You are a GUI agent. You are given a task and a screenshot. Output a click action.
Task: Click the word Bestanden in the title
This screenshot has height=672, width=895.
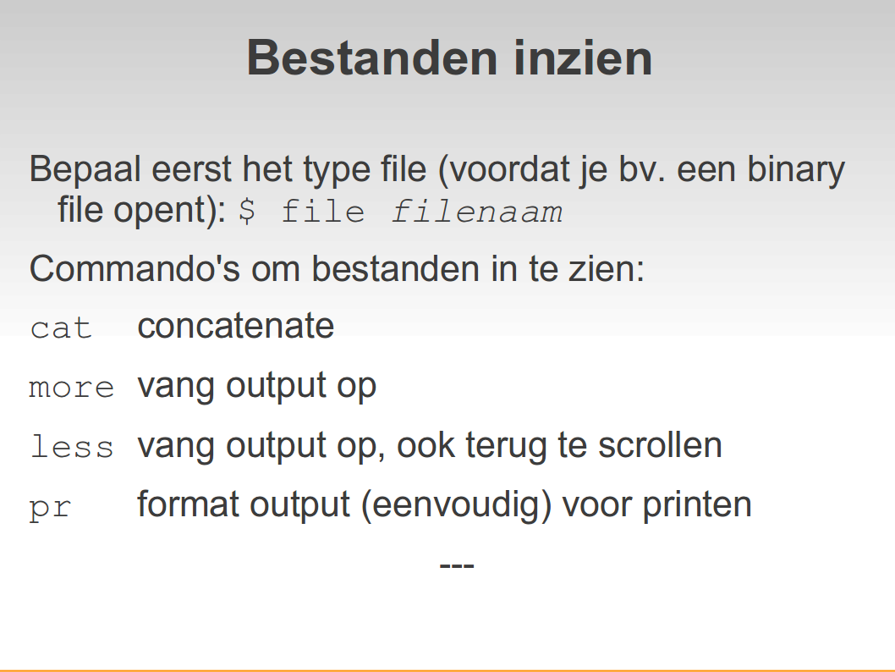click(x=372, y=58)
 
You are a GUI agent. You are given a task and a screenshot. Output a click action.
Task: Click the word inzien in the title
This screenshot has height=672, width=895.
click(x=583, y=58)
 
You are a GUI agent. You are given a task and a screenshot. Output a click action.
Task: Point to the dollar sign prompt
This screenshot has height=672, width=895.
click(x=246, y=211)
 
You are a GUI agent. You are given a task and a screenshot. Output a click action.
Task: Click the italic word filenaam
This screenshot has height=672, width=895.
click(x=477, y=212)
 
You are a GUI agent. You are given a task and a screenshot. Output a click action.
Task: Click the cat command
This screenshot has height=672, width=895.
click(x=61, y=329)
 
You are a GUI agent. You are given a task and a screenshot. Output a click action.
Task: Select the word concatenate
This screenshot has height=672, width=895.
click(x=236, y=326)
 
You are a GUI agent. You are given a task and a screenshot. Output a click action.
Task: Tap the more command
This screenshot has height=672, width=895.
click(x=72, y=388)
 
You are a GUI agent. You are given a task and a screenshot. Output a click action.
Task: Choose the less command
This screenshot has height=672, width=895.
click(x=72, y=446)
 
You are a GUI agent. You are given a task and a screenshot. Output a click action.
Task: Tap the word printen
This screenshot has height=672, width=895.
click(x=697, y=505)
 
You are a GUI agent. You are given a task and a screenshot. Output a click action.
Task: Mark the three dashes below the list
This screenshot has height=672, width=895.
click(x=457, y=566)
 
